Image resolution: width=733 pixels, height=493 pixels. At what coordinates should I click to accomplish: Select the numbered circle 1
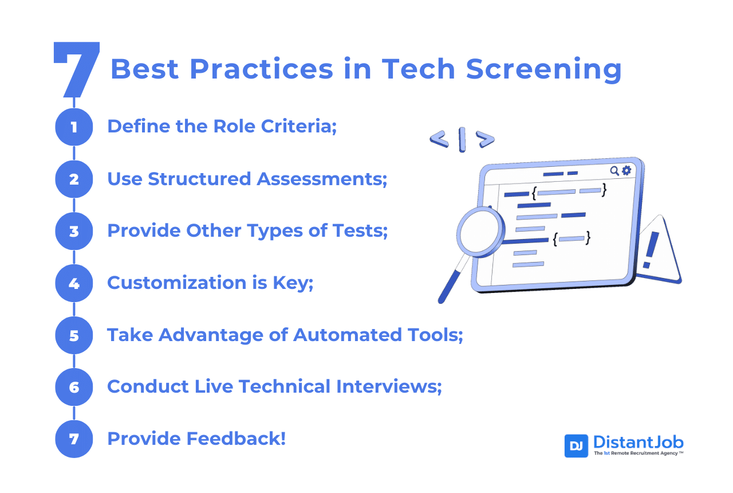point(74,127)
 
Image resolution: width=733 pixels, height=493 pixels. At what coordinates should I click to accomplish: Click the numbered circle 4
point(74,283)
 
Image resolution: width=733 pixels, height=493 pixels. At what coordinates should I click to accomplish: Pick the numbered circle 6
point(74,388)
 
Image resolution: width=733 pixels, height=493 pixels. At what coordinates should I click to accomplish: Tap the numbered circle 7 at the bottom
point(74,439)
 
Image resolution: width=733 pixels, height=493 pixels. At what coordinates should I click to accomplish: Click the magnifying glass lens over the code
point(479,232)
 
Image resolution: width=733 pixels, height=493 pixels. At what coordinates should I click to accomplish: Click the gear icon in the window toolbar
point(626,170)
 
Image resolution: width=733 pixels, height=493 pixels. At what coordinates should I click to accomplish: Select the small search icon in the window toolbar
point(614,170)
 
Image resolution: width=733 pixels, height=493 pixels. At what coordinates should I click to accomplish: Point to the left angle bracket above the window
point(439,139)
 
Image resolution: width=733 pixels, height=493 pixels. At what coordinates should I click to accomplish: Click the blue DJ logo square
point(576,446)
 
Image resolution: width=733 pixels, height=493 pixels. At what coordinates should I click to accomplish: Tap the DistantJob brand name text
point(638,442)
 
